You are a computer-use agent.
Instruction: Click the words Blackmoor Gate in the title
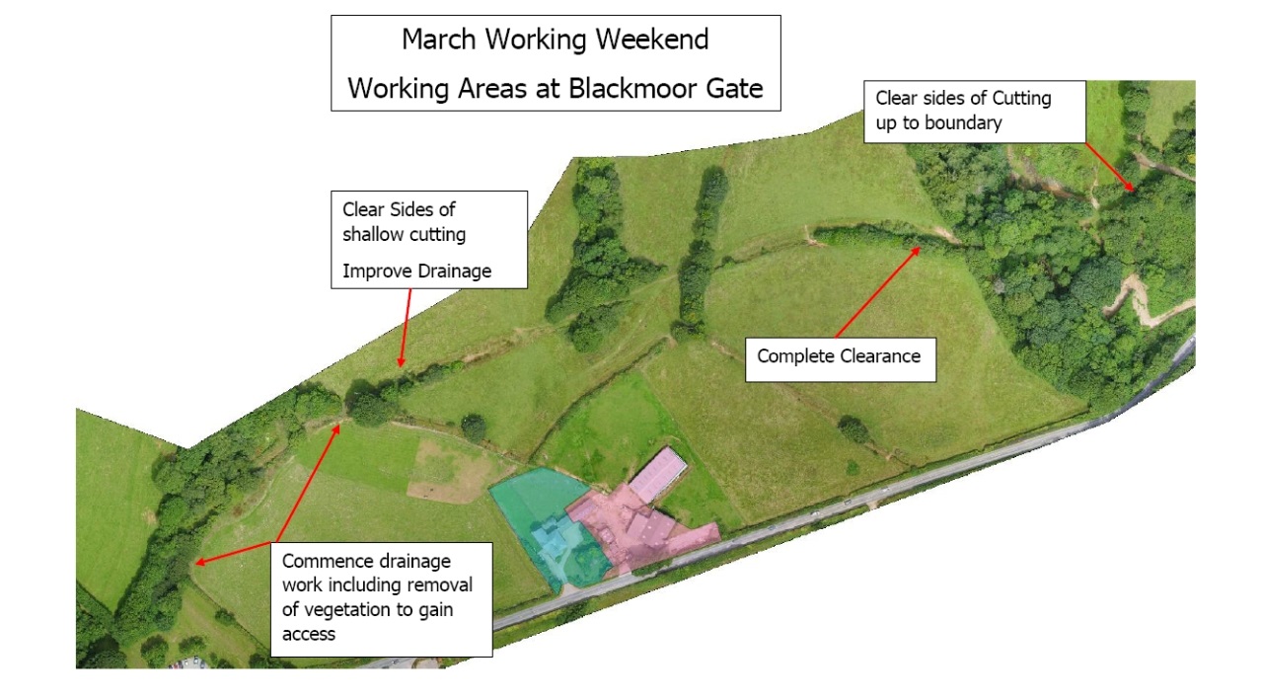click(x=665, y=88)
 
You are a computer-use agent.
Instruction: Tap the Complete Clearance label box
click(x=839, y=356)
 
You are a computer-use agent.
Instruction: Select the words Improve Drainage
click(x=416, y=271)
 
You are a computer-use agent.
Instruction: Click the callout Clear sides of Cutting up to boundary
click(x=974, y=111)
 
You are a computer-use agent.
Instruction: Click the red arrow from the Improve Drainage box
click(x=405, y=328)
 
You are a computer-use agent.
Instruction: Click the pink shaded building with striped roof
click(x=658, y=474)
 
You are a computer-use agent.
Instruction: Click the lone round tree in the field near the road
click(x=853, y=428)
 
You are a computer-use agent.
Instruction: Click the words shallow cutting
click(x=404, y=234)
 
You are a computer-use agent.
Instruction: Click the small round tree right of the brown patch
click(x=474, y=427)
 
